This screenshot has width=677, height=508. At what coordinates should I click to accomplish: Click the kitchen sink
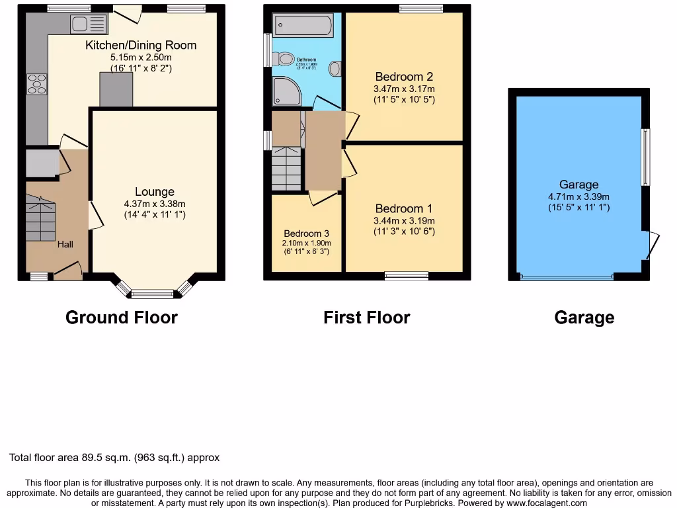(88, 24)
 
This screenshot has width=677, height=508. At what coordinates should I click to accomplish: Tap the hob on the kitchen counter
(36, 85)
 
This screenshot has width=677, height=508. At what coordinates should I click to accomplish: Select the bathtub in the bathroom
(303, 26)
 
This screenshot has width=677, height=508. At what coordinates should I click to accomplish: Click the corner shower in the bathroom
(286, 91)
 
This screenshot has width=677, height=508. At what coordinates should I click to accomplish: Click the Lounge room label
(155, 192)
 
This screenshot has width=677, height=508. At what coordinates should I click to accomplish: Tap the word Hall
(65, 244)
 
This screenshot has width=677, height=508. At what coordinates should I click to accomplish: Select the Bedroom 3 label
(306, 233)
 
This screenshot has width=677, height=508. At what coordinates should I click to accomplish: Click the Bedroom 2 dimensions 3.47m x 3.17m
(404, 88)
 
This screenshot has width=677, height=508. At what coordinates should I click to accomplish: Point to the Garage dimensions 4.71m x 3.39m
(578, 196)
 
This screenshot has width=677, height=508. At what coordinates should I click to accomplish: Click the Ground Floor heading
(122, 317)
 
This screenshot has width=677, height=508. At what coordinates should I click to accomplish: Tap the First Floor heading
(366, 317)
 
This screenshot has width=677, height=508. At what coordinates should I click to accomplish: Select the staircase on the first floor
(286, 169)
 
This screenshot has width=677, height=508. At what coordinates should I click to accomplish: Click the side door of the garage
(652, 245)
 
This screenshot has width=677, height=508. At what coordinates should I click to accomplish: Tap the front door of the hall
(67, 271)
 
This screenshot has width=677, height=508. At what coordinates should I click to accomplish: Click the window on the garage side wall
(646, 157)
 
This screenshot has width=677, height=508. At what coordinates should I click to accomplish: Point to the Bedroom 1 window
(406, 276)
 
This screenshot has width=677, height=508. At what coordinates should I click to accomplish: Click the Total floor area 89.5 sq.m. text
(114, 457)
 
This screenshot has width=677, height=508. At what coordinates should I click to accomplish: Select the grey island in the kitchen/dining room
(116, 89)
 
